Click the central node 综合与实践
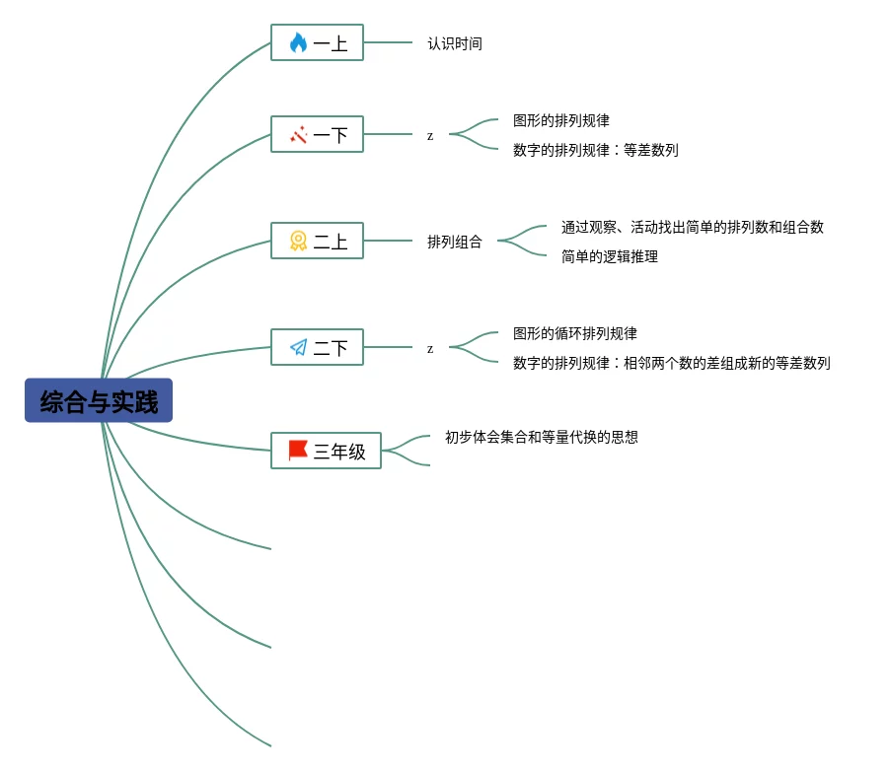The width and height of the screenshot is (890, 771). point(99,400)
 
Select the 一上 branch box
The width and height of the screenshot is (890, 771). point(317,43)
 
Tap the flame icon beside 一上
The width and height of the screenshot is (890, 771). point(298,43)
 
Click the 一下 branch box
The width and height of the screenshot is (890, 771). point(317,134)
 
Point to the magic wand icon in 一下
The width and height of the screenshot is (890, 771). point(298,134)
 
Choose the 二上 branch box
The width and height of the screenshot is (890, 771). point(317,241)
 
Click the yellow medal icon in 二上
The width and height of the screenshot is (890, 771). point(298,241)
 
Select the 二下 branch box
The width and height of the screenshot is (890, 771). point(317,347)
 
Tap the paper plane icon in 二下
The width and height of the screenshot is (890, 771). point(298,347)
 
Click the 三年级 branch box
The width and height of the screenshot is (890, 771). point(326,451)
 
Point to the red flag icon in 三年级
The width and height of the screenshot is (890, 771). point(298,451)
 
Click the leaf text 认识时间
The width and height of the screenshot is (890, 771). point(455,43)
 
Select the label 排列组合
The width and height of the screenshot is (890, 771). point(455,242)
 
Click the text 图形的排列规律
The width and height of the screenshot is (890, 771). point(561,120)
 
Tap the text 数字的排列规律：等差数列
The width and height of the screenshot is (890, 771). point(596,150)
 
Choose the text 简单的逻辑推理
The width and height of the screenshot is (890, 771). point(610,256)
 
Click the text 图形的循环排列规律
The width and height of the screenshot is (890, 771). point(575,333)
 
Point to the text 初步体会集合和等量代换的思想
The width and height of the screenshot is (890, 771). point(542,436)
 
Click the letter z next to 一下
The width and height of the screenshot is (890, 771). point(430,136)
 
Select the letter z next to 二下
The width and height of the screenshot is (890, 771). point(430,349)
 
